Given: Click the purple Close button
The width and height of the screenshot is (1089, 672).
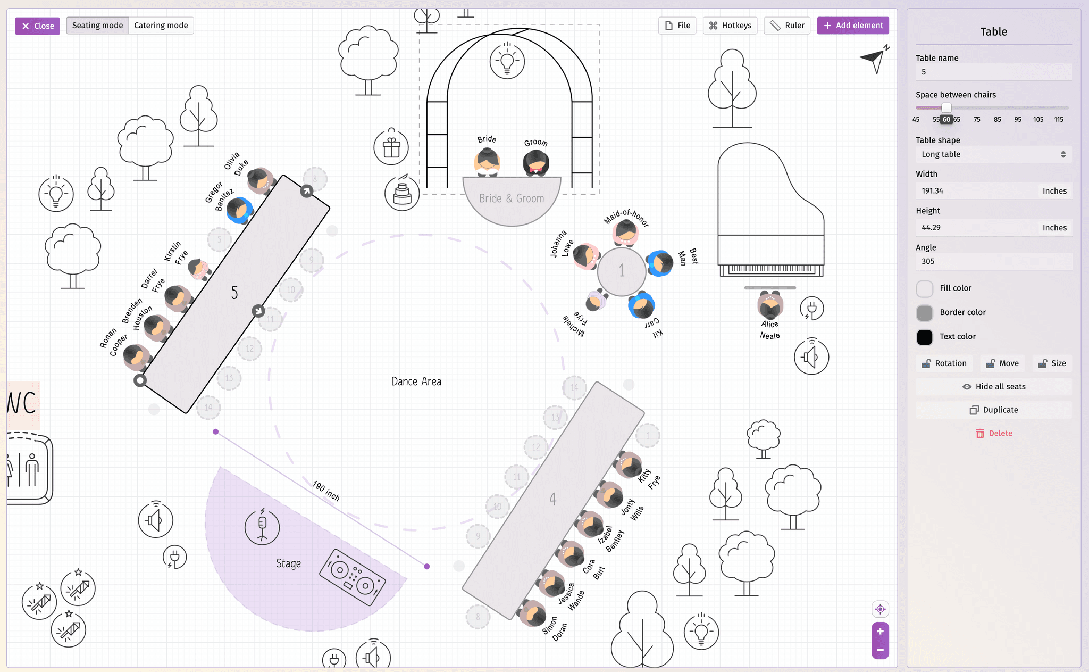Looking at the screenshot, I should coord(37,26).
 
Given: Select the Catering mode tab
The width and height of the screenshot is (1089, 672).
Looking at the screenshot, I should coord(161,26).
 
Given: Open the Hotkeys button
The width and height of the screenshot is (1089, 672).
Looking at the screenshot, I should coord(730,26).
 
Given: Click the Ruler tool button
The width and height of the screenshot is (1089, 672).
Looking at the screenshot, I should coord(787,26).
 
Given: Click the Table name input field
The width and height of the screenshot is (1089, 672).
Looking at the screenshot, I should coord(993,72).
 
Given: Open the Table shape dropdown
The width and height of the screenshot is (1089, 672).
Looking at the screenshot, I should coord(993,154).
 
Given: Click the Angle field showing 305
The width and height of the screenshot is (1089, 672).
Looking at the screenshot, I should coord(993,261).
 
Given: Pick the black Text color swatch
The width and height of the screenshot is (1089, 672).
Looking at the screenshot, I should coord(925,337).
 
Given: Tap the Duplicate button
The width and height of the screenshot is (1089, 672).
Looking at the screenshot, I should coord(993,410).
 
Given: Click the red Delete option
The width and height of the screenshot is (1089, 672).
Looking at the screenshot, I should coord(993,433).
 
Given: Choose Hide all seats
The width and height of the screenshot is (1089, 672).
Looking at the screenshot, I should coord(993,387).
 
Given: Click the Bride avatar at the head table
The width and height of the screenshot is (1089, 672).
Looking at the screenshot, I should coord(487,161).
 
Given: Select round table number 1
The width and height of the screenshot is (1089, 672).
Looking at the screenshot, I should coord(621,271).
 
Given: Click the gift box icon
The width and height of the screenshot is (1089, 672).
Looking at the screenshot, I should coord(391,147).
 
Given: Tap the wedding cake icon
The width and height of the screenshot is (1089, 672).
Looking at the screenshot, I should coord(402,193).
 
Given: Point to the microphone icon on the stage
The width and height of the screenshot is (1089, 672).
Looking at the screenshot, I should coord(262,527).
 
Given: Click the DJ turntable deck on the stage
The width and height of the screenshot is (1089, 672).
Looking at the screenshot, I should coord(352,577).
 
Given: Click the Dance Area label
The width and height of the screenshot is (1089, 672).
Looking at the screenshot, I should coord(416,381).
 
